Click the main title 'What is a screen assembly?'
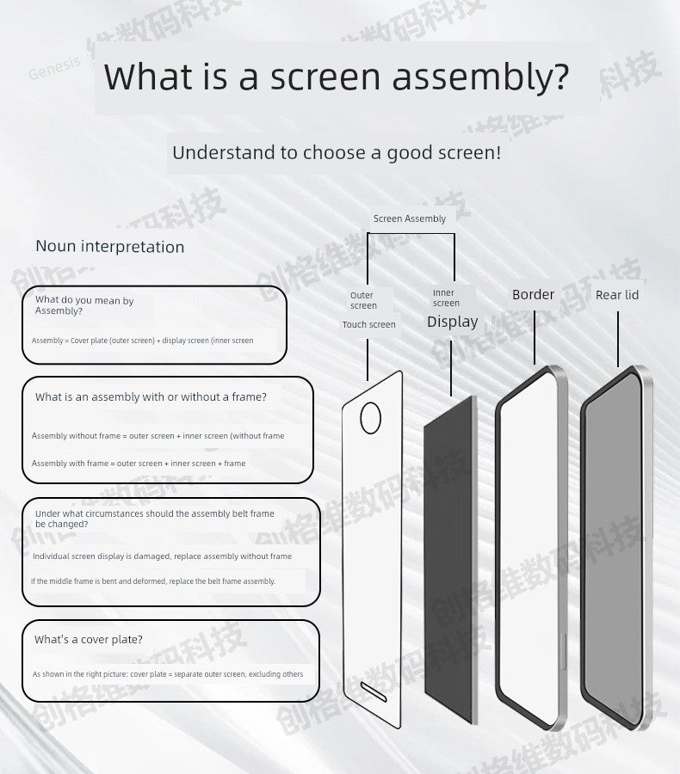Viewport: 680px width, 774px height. click(337, 77)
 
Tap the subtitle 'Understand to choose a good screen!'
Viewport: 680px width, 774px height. click(337, 153)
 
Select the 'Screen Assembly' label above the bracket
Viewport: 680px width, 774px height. click(410, 218)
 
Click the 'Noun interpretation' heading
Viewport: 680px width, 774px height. click(110, 247)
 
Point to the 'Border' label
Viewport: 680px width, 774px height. click(533, 294)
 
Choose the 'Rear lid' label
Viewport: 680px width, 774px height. click(617, 295)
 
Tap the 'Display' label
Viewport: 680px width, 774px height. click(452, 322)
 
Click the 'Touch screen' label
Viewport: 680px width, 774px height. click(368, 325)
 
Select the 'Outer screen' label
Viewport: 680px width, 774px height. click(363, 300)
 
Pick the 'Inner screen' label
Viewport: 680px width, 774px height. click(446, 298)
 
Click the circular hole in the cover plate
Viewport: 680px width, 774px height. click(370, 418)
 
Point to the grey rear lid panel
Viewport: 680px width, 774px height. click(613, 550)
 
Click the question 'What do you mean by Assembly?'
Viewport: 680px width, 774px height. click(84, 305)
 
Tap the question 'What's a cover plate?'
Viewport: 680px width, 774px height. click(89, 640)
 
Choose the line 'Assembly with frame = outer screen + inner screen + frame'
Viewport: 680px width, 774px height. click(139, 464)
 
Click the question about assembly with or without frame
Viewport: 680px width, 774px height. click(151, 397)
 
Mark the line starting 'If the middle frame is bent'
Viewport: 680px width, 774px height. click(153, 581)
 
